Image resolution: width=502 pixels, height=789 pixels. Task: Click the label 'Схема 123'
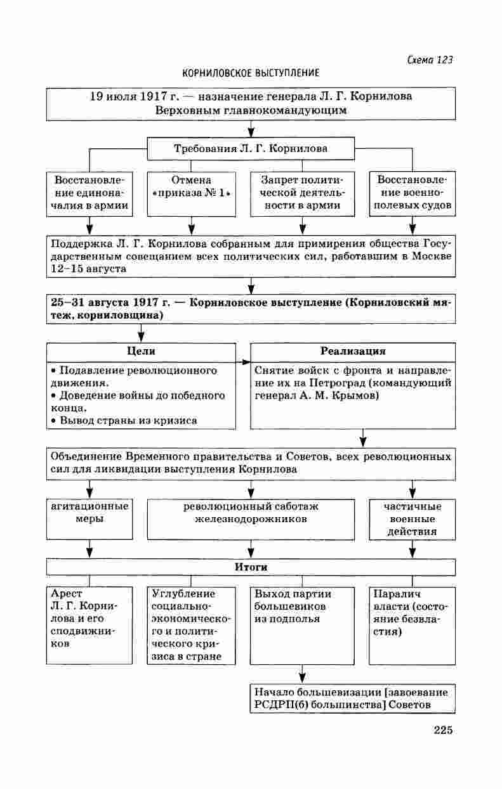430,60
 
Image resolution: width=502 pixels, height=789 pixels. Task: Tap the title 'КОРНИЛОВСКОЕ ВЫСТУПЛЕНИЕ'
251,74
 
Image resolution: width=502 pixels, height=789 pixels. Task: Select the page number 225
443,730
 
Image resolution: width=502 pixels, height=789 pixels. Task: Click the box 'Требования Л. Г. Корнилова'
251,149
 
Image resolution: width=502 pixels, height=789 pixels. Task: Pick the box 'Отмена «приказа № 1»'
191,193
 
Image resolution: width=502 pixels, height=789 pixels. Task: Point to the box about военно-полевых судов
413,193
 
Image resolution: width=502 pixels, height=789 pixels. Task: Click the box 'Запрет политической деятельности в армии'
302,193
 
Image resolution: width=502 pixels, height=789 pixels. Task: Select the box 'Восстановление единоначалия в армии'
89,193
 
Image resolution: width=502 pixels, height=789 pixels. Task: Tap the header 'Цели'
141,351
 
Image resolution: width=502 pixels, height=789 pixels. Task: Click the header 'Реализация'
353,351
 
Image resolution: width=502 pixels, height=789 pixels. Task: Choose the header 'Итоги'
251,567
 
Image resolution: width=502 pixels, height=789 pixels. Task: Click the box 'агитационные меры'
89,512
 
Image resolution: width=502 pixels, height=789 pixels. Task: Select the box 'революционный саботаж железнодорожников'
251,512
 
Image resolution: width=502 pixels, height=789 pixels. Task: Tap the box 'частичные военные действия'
413,518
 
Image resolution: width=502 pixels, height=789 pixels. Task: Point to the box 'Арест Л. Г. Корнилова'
89,624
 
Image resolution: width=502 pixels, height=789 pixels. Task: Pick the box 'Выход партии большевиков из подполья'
302,624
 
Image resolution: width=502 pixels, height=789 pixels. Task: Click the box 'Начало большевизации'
353,698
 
